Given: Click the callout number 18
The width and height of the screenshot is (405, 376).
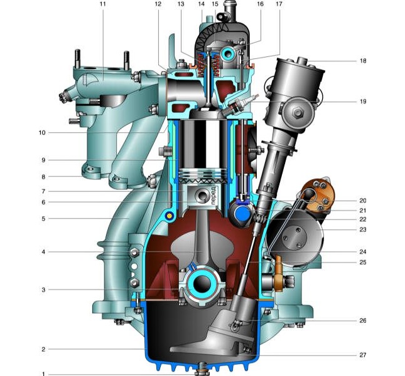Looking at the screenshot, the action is (363, 61).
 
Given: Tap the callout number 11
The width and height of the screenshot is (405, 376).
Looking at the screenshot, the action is (102, 4).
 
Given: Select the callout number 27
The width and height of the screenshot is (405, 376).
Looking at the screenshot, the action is (363, 355).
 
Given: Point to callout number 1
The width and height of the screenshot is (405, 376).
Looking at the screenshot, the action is (43, 374).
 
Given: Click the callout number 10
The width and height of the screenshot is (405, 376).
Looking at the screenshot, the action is (42, 133).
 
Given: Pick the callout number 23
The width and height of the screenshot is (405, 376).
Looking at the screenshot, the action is (363, 229).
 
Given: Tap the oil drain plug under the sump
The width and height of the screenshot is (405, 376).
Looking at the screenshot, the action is (202, 369).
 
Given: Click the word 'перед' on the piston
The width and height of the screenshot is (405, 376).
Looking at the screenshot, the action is (213, 196).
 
